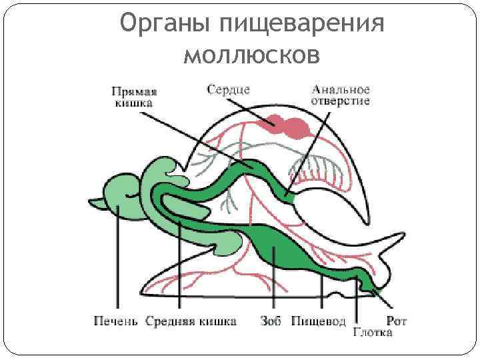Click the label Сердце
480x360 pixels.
228,89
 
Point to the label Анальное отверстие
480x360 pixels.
340,95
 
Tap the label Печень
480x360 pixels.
115,322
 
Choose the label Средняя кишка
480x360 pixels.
191,322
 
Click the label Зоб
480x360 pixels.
271,322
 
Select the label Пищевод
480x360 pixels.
319,322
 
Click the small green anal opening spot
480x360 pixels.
288,197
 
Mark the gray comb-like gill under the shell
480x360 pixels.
320,170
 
